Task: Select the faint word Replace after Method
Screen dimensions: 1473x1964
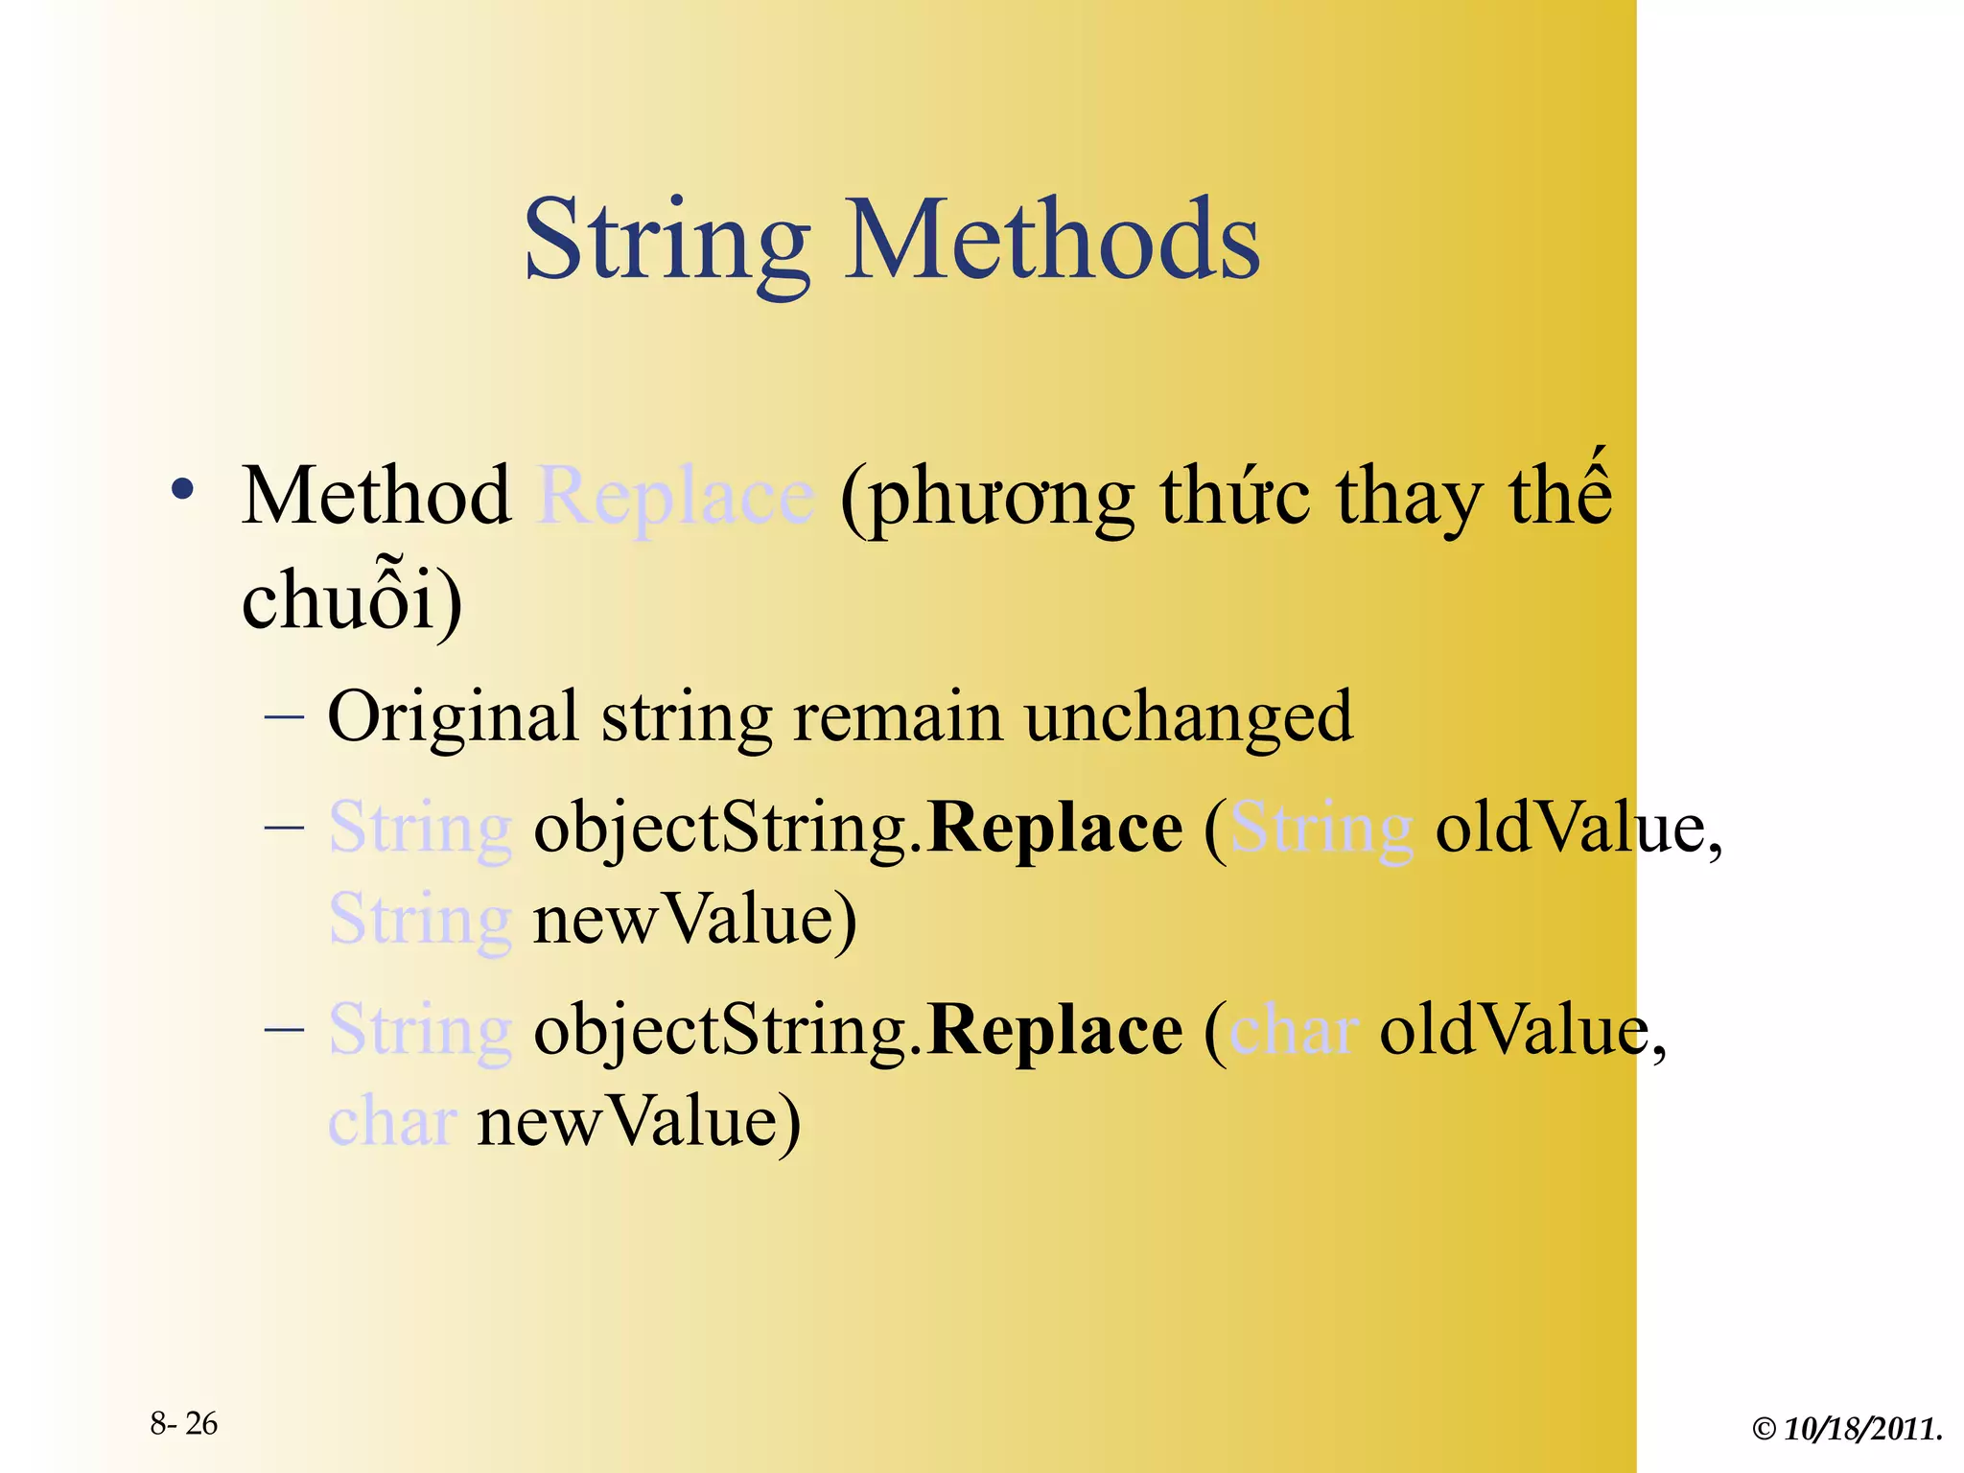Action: point(676,497)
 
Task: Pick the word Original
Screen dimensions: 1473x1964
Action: point(453,717)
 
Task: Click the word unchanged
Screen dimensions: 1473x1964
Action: point(1188,717)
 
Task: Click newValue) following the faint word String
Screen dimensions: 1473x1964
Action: point(694,919)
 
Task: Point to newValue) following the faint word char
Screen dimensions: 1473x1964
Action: point(639,1121)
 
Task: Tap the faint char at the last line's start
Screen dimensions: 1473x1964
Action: point(391,1121)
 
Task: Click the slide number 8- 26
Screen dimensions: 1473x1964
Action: point(184,1423)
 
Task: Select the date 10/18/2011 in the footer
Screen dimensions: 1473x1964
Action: point(1862,1429)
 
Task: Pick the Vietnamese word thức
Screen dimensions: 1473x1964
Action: point(1235,497)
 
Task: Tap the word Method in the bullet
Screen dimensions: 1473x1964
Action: point(376,497)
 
